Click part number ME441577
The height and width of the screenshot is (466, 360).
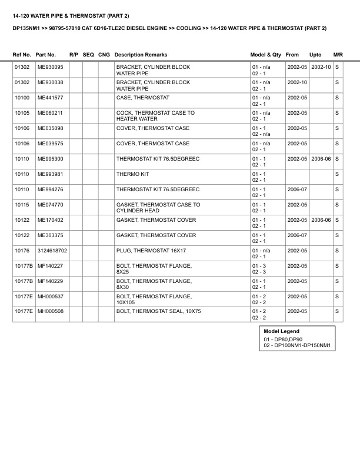point(50,97)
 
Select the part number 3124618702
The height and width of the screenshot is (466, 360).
point(52,250)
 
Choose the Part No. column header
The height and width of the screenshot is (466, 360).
point(46,54)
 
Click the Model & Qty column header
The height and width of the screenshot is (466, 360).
point(266,54)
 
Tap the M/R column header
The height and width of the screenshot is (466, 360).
point(338,54)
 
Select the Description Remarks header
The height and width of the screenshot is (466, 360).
point(141,54)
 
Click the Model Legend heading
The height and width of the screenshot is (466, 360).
point(281,331)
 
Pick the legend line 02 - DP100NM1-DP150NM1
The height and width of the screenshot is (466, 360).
point(298,345)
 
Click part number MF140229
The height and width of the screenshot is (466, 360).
point(50,281)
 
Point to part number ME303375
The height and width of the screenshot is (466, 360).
point(50,235)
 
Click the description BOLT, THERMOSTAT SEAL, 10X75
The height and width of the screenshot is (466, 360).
point(158,311)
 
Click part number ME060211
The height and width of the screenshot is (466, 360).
point(50,112)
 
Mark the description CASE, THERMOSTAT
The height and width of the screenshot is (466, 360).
point(143,97)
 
